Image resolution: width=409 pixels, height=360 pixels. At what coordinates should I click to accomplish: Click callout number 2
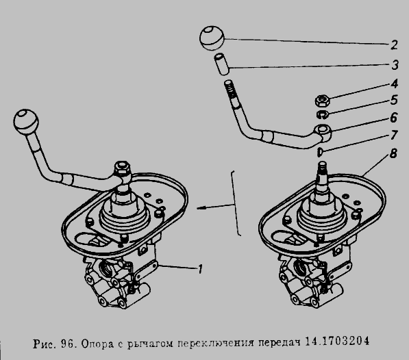pos(394,44)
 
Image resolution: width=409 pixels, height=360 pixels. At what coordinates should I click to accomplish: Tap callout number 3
pos(395,65)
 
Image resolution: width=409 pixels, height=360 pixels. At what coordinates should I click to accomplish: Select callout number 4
pos(394,84)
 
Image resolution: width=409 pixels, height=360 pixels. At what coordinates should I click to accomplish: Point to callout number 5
pos(394,100)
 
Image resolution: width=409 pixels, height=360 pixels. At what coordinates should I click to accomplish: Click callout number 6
pos(394,117)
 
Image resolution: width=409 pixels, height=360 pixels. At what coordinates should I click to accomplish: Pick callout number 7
pos(394,135)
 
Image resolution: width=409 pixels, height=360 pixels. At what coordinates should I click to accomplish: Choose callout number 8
pos(393,153)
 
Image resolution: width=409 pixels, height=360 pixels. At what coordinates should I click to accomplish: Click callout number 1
pos(200,269)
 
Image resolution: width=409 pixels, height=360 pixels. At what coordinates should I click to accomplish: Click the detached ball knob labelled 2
pos(212,38)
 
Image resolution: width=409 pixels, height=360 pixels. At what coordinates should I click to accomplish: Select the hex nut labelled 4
pos(323,101)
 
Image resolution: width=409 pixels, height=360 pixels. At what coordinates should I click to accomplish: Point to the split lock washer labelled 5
pos(323,114)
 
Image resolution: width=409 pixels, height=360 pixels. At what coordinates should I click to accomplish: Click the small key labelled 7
pos(319,152)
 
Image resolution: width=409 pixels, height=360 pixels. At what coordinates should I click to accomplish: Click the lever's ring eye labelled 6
pos(323,129)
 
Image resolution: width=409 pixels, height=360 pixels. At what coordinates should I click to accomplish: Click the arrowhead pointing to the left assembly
pos(200,208)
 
